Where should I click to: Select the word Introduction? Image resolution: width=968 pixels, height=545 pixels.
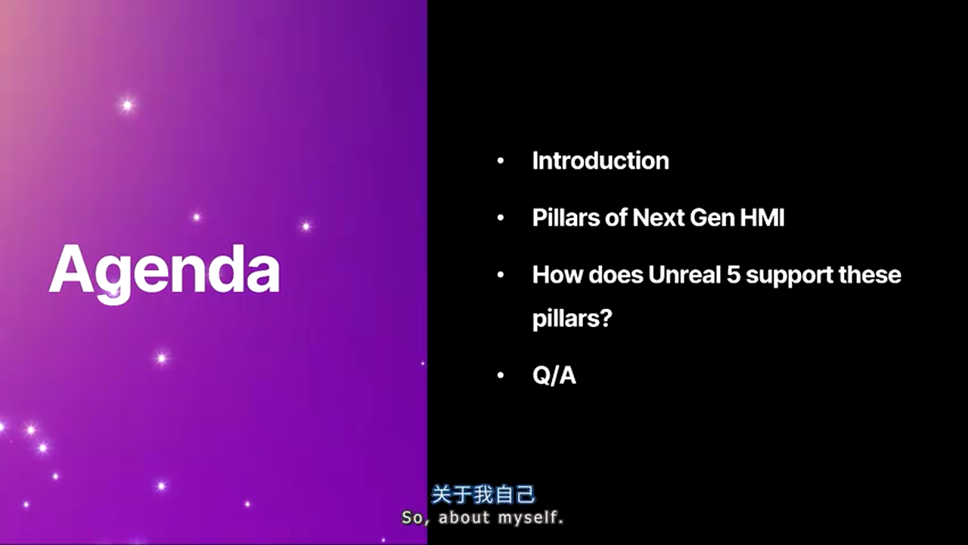pos(600,160)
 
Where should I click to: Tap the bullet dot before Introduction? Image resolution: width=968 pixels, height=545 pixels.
pos(501,161)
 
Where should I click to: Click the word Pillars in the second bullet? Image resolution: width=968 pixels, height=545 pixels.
pos(561,218)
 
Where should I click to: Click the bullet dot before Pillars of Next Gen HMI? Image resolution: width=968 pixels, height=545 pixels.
pos(501,219)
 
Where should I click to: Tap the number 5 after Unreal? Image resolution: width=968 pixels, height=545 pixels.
pos(733,274)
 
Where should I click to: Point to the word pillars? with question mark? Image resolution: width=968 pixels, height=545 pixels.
pos(572,319)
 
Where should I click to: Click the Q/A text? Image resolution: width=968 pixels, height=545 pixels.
pos(554,375)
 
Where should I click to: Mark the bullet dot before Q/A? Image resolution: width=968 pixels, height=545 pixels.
pos(501,375)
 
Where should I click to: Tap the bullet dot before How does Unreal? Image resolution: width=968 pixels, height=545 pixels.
pos(501,275)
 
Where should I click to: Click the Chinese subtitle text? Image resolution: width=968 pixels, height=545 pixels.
pos(483,495)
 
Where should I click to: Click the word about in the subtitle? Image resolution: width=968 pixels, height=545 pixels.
pos(464,519)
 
